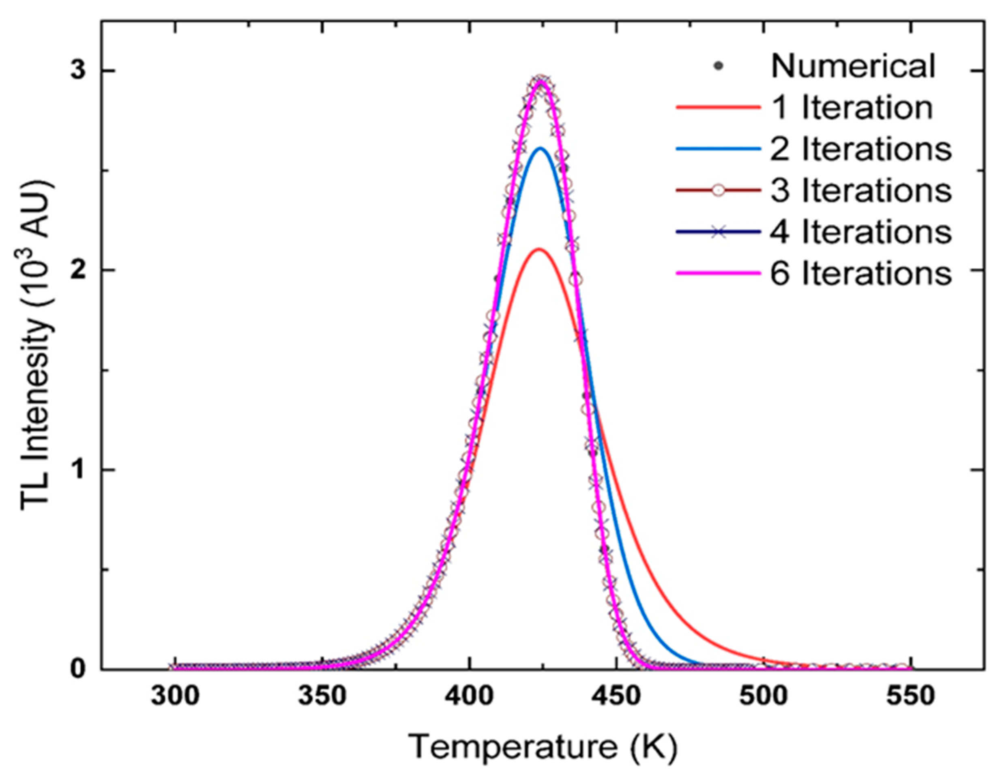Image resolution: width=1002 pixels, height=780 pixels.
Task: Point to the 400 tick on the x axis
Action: pos(468,696)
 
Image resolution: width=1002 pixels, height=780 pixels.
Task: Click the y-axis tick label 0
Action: pos(81,669)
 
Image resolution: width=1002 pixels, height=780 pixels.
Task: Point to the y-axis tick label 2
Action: pos(81,270)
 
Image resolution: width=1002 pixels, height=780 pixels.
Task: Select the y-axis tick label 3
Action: pos(81,71)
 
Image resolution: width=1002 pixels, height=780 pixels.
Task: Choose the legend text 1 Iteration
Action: pos(852,108)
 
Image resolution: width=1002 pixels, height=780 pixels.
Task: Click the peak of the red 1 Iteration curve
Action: pos(540,249)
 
